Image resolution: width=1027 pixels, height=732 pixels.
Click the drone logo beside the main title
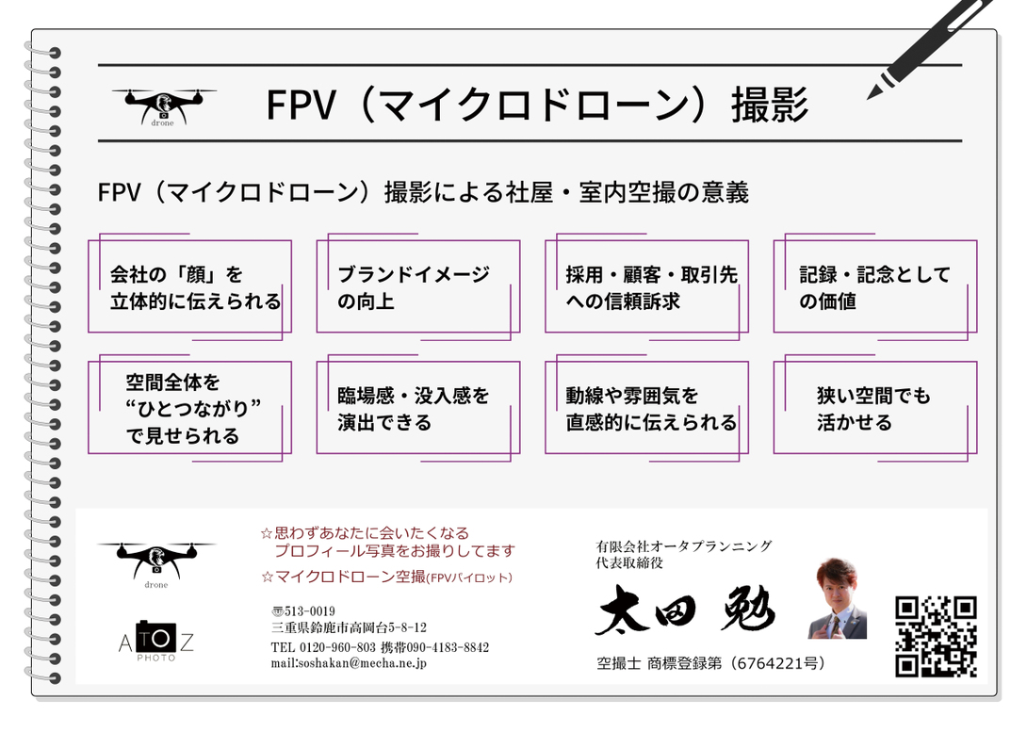(x=163, y=106)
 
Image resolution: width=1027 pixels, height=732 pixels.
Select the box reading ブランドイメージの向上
(x=417, y=287)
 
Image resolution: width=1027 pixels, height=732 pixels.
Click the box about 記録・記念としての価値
(x=874, y=287)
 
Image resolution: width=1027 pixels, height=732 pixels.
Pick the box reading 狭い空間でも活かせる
(x=874, y=409)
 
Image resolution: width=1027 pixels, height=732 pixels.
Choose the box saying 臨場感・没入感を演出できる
(x=417, y=409)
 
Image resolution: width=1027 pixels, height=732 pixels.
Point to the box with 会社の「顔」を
(x=189, y=287)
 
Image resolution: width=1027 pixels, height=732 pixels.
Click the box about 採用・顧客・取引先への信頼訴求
(x=646, y=287)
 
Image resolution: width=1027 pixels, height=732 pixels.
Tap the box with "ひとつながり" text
(x=189, y=409)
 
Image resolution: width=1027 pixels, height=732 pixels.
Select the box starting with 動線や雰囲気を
(x=646, y=409)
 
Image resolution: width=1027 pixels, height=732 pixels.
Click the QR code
(x=935, y=636)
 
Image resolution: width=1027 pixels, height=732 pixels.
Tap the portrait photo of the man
(x=837, y=598)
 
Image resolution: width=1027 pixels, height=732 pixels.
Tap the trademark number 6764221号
(x=777, y=664)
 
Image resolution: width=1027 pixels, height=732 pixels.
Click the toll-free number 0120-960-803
(x=337, y=647)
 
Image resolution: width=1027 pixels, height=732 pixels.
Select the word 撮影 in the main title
(x=770, y=106)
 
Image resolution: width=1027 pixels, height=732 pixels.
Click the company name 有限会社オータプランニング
(x=684, y=545)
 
